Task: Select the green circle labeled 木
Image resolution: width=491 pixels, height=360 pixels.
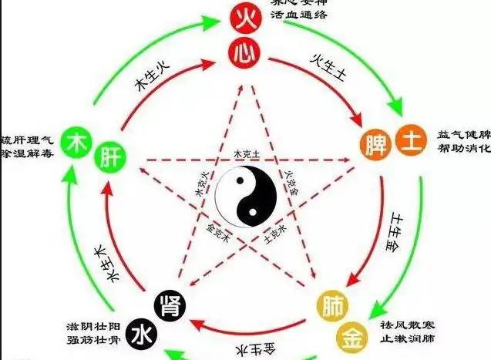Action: (76, 143)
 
